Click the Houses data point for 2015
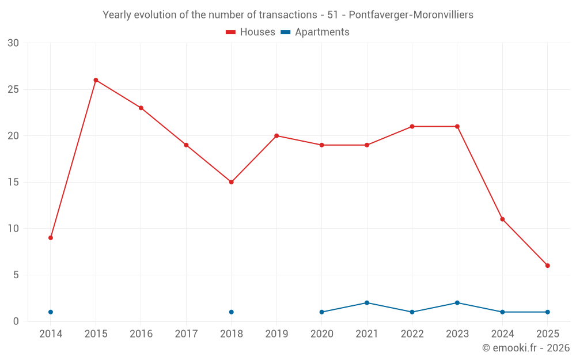click(x=96, y=80)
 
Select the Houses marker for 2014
click(x=51, y=238)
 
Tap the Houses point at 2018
click(x=231, y=182)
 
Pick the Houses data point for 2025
click(x=547, y=266)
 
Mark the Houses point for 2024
click(x=502, y=219)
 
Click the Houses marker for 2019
click(x=276, y=136)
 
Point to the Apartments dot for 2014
click(x=51, y=312)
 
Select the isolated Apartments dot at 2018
click(x=231, y=312)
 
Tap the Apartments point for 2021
click(x=367, y=303)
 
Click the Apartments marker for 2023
click(x=457, y=303)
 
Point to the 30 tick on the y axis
click(x=13, y=43)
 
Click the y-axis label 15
click(x=13, y=183)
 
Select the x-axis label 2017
click(x=186, y=334)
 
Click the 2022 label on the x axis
click(x=412, y=334)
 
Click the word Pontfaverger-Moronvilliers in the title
click(x=411, y=15)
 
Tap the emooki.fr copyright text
click(x=525, y=348)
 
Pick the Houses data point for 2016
click(x=141, y=108)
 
